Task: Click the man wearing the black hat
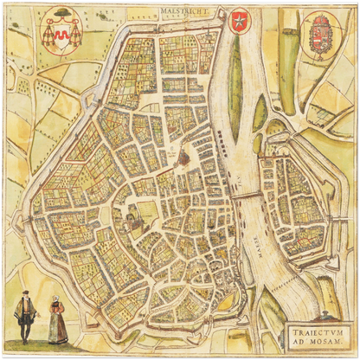pos(24,316)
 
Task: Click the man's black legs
pos(24,332)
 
